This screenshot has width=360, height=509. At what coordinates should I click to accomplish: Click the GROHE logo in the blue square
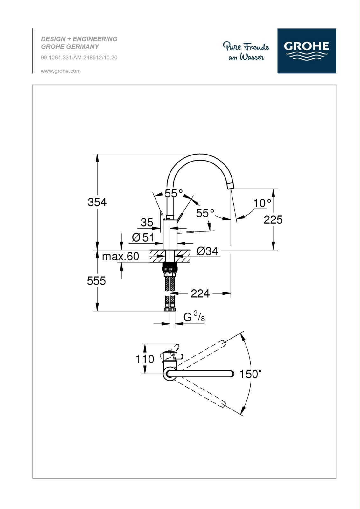[306, 51]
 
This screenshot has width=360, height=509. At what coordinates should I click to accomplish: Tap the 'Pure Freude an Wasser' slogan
[246, 52]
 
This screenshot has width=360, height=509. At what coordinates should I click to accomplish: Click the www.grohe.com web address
[61, 71]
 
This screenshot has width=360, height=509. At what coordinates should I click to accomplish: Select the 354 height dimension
[97, 202]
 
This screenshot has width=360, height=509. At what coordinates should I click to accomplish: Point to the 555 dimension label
[96, 281]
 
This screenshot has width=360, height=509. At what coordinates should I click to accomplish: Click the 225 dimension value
[273, 219]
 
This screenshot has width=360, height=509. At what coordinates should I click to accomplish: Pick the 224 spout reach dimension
[200, 293]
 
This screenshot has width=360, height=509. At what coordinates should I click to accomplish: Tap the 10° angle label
[262, 203]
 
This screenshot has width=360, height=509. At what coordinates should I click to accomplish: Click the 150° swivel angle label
[251, 374]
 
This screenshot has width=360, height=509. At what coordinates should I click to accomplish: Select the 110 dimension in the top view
[145, 359]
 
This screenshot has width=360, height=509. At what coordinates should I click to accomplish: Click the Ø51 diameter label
[143, 237]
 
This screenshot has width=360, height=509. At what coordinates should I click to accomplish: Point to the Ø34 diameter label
[207, 251]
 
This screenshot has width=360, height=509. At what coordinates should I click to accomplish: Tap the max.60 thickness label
[121, 256]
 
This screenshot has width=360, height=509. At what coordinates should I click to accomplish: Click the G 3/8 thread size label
[194, 317]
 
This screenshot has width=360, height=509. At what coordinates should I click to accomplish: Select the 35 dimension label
[147, 222]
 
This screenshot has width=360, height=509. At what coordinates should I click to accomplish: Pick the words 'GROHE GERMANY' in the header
[70, 47]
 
